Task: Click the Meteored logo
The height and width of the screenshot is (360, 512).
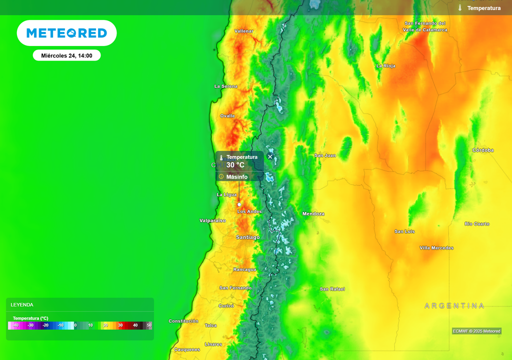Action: (x=66, y=33)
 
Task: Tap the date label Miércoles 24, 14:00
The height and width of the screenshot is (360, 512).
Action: (x=66, y=55)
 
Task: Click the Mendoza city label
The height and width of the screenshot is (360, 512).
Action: (x=313, y=214)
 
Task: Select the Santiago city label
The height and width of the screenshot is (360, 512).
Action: (x=248, y=237)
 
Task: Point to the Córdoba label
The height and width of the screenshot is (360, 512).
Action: (x=482, y=150)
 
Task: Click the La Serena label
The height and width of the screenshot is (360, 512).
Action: (x=226, y=86)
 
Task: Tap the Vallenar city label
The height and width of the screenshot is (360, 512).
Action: (x=244, y=31)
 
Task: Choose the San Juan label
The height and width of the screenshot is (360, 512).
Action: (x=325, y=155)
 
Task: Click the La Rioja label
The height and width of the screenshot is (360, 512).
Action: (x=386, y=66)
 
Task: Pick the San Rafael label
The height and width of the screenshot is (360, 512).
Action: (x=332, y=289)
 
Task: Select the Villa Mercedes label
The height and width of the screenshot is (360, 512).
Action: (x=436, y=248)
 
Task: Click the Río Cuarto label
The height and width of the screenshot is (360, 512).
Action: (x=477, y=223)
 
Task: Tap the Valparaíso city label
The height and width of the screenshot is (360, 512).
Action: (x=212, y=220)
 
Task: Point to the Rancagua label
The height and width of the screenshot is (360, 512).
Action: (x=244, y=269)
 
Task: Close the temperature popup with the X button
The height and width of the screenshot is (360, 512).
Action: (x=270, y=156)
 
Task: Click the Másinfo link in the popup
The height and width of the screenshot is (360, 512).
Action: (x=236, y=176)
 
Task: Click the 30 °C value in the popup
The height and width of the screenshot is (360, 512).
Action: (x=235, y=165)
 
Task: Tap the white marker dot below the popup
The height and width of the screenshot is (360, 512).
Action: (x=239, y=204)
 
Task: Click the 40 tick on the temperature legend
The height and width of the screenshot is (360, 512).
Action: (x=135, y=325)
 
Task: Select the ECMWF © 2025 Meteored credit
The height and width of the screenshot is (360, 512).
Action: (x=476, y=331)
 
